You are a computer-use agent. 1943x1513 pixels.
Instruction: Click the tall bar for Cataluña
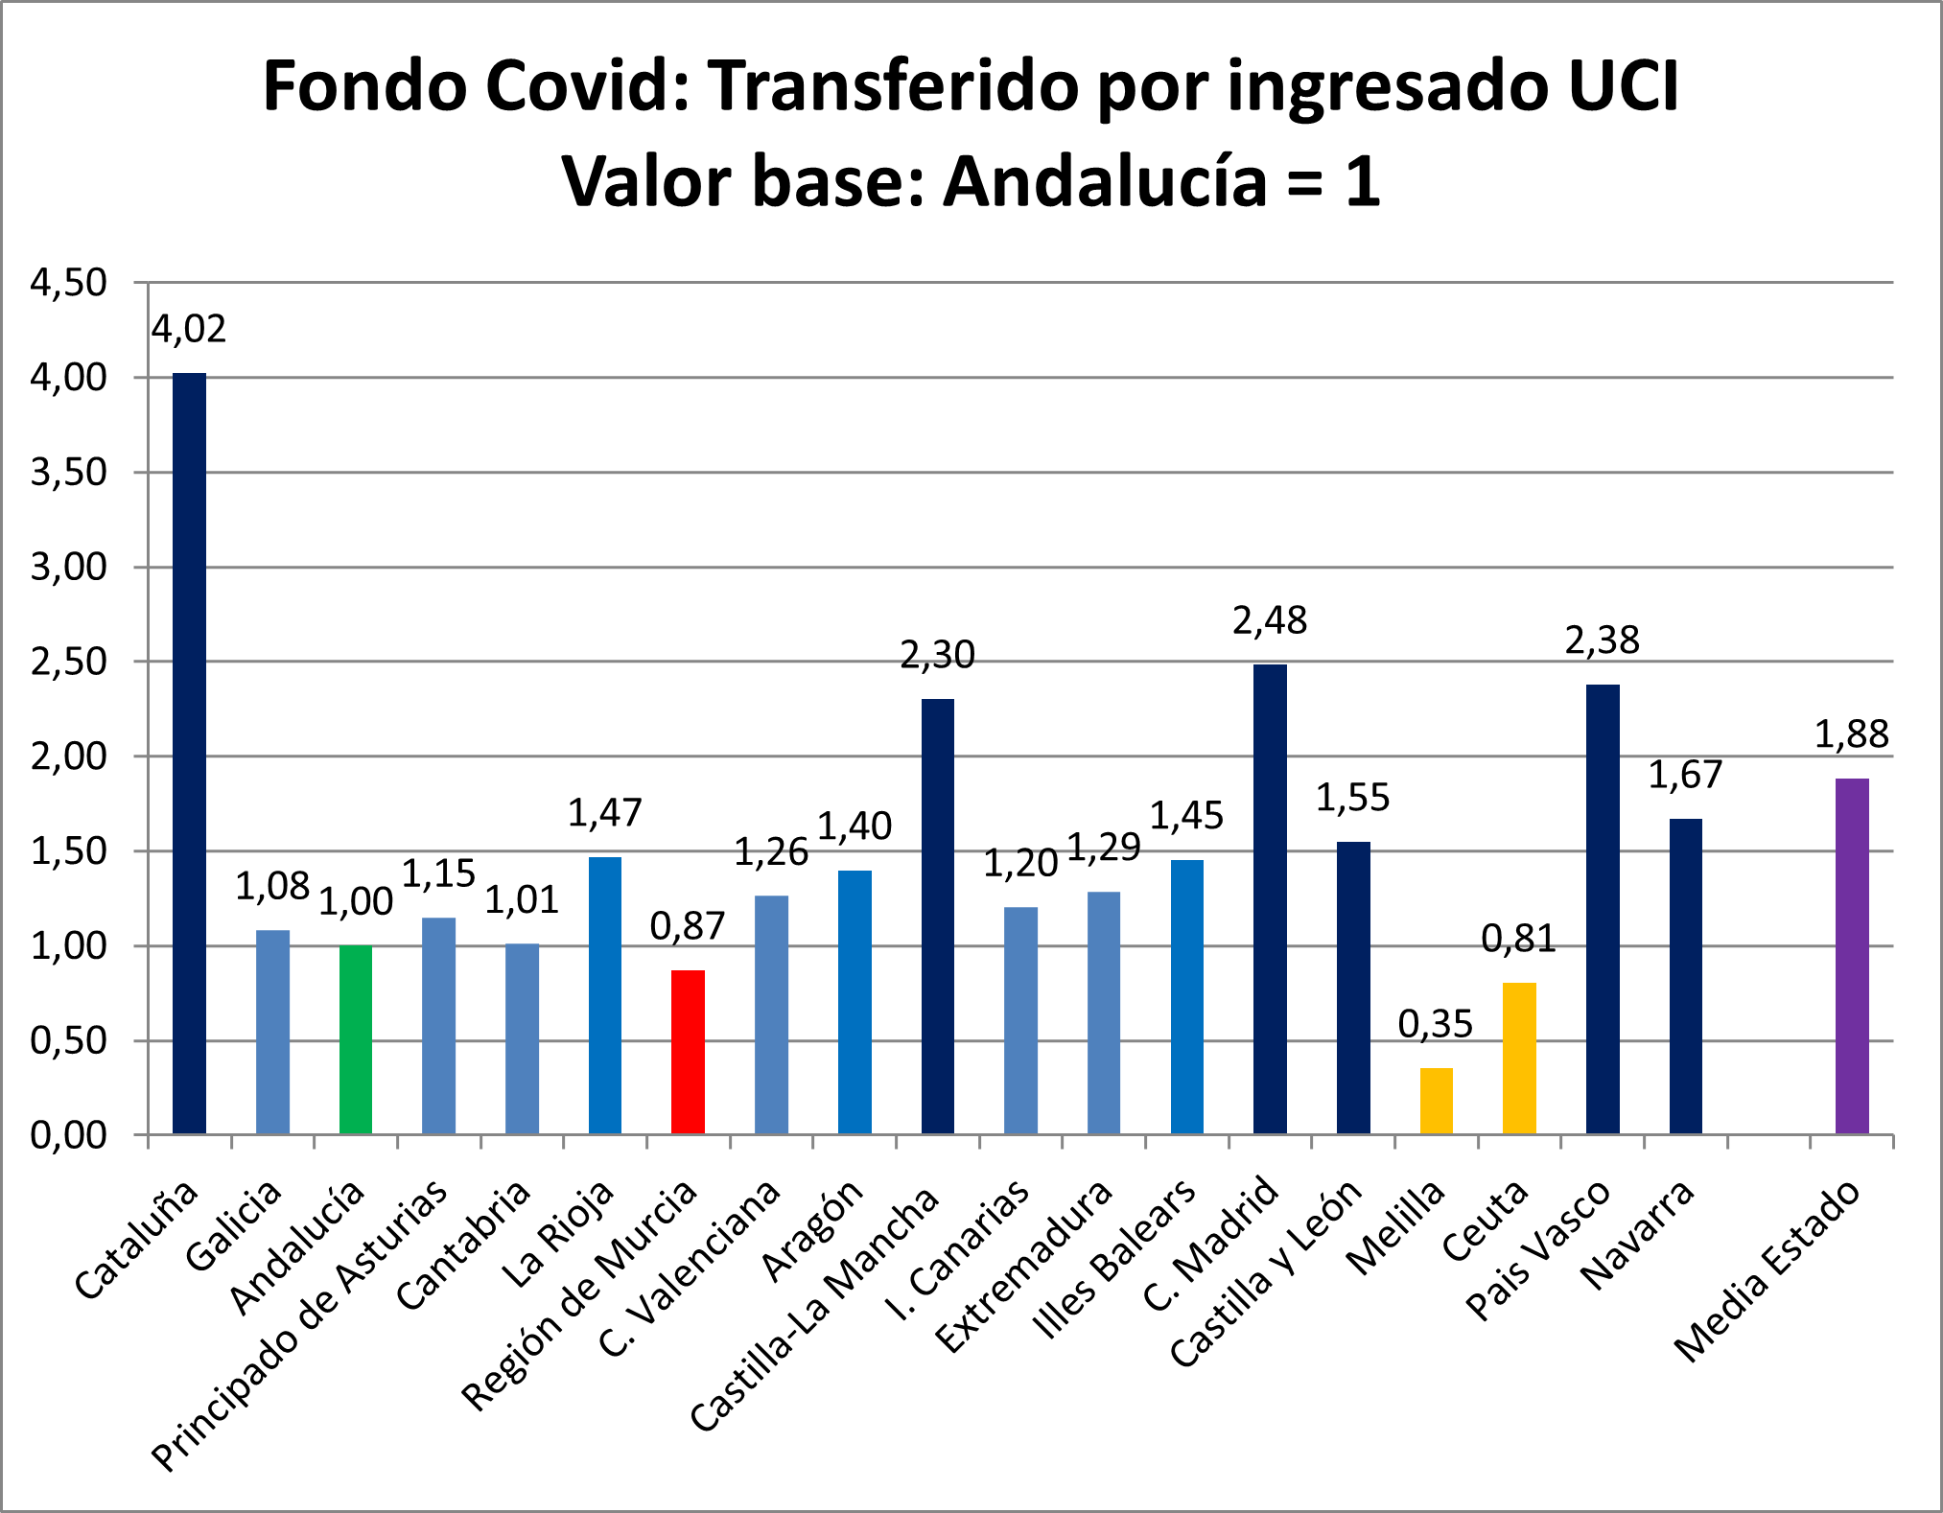(189, 753)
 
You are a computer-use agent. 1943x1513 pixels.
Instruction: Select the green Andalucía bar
(356, 1039)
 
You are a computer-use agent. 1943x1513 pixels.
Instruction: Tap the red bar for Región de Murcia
(688, 1052)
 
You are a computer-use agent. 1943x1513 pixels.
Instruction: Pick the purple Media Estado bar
(1852, 956)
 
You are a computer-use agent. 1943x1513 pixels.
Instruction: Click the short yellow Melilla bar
(1436, 1101)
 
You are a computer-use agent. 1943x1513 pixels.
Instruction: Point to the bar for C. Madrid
(1270, 898)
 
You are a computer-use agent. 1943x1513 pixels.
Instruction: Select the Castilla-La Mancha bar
(937, 916)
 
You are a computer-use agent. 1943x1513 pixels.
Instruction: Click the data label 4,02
(189, 329)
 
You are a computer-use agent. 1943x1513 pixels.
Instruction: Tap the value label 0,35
(1435, 1024)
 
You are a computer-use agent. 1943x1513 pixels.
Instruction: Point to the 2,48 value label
(1270, 620)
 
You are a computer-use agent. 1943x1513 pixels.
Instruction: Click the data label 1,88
(1851, 734)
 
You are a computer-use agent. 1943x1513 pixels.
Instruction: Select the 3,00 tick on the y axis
(69, 567)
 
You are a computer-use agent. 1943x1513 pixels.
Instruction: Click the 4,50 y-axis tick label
(69, 283)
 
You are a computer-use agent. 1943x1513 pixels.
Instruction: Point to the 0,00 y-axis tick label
(69, 1135)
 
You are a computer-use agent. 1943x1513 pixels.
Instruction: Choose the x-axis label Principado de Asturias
(299, 1325)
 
